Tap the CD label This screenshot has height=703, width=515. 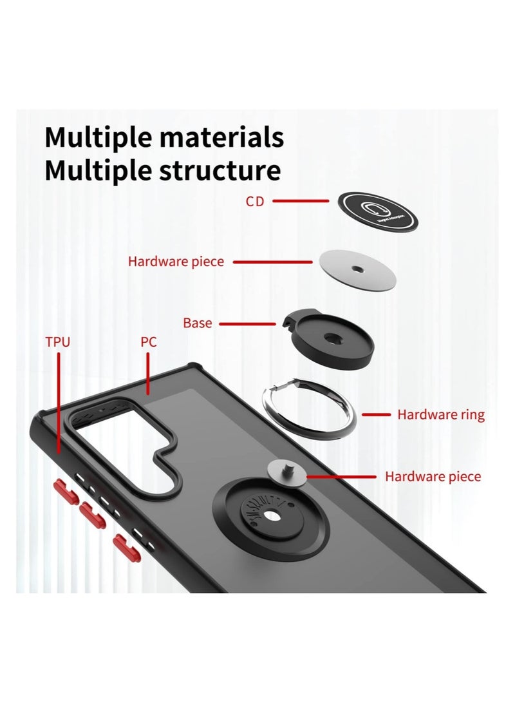tap(254, 201)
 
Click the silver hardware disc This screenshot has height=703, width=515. tap(356, 269)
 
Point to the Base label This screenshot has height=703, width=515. tap(197, 323)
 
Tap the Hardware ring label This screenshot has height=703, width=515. tap(440, 414)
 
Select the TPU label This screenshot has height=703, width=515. tap(57, 342)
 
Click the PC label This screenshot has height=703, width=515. tap(149, 342)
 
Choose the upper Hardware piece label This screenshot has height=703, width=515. tap(176, 262)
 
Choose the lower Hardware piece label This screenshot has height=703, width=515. tap(433, 477)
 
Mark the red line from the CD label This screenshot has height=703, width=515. tap(301, 201)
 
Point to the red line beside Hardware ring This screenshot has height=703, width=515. tap(376, 414)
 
